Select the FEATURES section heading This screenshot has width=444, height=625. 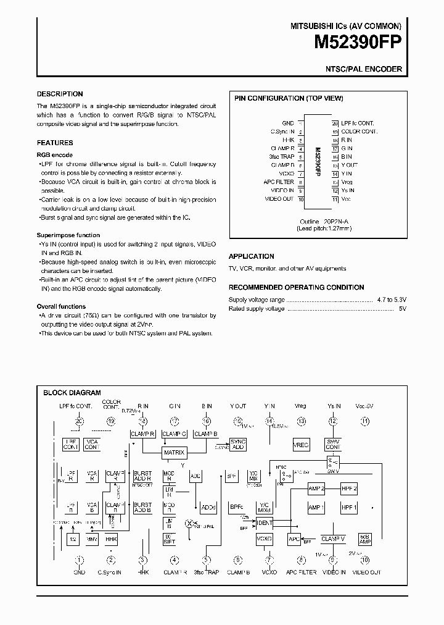[x=55, y=143]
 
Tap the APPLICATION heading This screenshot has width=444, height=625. [x=252, y=256]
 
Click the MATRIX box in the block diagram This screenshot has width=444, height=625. [x=174, y=453]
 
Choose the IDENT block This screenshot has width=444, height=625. [x=264, y=522]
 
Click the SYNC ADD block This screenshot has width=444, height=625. [x=237, y=445]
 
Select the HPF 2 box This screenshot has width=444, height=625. [x=350, y=489]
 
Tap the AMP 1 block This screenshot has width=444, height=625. [x=316, y=508]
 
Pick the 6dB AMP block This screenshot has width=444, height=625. [x=364, y=539]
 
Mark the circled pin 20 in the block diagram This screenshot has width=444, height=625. [x=79, y=421]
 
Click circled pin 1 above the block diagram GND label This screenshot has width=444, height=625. [x=79, y=560]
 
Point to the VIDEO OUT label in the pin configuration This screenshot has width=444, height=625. [x=279, y=199]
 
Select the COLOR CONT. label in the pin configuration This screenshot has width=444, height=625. [x=358, y=132]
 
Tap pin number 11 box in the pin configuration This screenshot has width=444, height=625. [x=335, y=199]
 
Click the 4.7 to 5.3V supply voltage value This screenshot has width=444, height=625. [x=392, y=300]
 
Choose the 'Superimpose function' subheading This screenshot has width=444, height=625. [x=68, y=235]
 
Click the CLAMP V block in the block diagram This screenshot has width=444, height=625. [x=333, y=539]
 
